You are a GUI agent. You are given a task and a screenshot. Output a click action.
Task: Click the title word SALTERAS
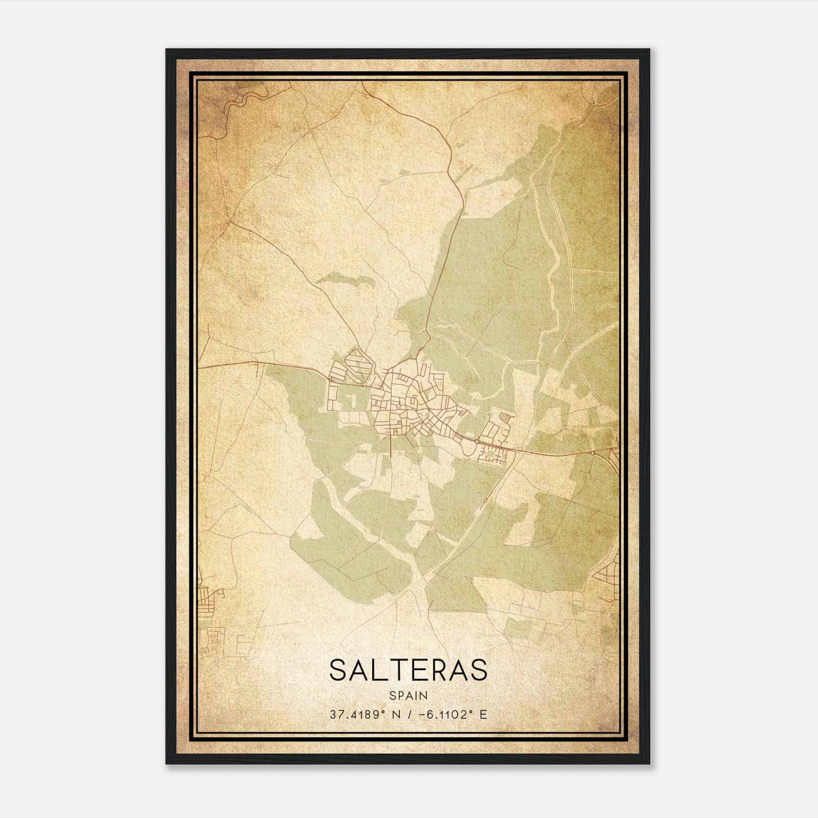408,669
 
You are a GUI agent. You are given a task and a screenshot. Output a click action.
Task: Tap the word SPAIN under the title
408,695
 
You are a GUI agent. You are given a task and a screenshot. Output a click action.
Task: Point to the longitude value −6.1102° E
452,714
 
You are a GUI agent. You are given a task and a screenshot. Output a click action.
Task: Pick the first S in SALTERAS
340,669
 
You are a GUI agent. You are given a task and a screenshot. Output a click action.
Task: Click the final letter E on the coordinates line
483,714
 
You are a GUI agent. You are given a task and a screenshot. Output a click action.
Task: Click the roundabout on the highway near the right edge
592,452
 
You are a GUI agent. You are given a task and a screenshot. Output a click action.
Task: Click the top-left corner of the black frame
167,50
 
